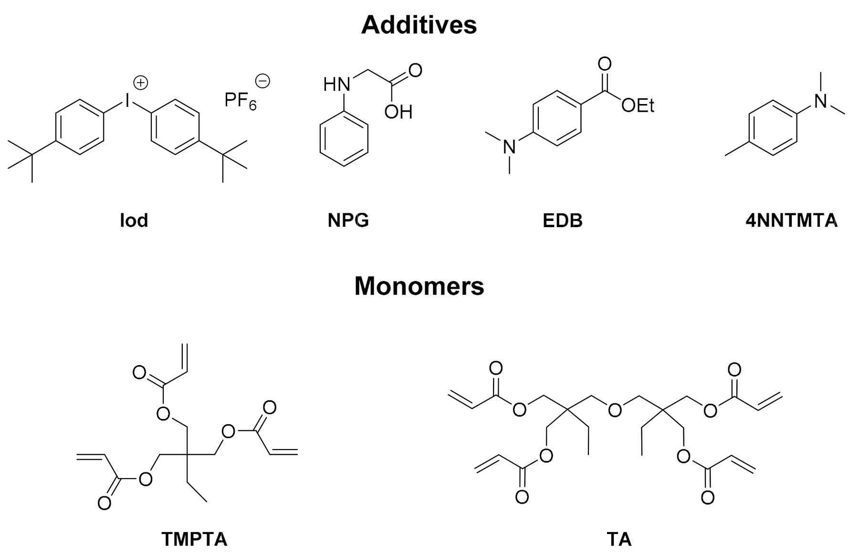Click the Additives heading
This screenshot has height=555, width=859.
tap(419, 25)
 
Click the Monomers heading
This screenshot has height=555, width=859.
tap(419, 286)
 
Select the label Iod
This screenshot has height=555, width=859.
tap(134, 220)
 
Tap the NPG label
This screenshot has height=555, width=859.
tap(348, 220)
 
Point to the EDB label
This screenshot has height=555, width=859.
tap(562, 220)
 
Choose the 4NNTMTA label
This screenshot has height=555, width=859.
tap(791, 220)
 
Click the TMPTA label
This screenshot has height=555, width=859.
tap(194, 539)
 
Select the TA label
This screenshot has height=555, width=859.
tap(619, 539)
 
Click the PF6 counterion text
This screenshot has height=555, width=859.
tap(240, 101)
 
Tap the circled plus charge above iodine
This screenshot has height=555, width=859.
tap(140, 83)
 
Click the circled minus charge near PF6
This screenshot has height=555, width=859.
tap(262, 81)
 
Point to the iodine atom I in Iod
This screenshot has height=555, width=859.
tap(127, 100)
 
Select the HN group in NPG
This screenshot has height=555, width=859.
tap(336, 85)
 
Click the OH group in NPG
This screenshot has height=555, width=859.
tap(398, 112)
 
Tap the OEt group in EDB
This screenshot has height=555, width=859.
tap(638, 105)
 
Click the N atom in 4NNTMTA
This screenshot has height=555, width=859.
tap(820, 101)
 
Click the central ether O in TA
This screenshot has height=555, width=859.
tap(615, 409)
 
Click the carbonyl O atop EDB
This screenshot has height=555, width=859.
tap(604, 64)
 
